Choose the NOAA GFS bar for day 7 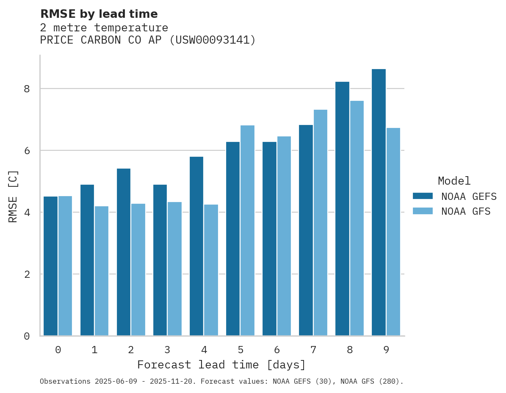click(x=320, y=223)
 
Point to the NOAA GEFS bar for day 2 click(x=124, y=252)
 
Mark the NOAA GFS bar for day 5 click(x=247, y=230)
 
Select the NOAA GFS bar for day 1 click(x=102, y=271)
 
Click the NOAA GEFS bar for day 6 click(x=269, y=239)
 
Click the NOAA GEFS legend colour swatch click(x=423, y=196)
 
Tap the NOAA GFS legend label click(x=466, y=211)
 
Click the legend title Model click(x=454, y=181)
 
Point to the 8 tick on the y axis click(x=27, y=89)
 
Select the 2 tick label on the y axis click(x=27, y=274)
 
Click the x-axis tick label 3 click(x=167, y=350)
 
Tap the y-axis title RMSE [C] click(x=13, y=196)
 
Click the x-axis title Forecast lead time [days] click(x=221, y=365)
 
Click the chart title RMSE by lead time click(x=99, y=14)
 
